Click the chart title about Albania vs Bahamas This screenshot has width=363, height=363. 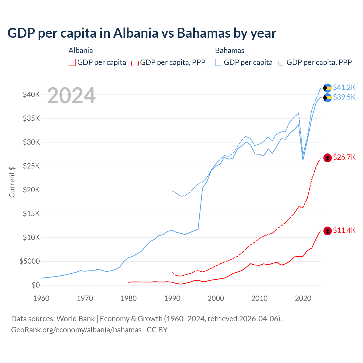(142, 33)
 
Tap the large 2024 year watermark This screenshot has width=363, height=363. (71, 96)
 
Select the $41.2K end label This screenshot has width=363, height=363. (344, 87)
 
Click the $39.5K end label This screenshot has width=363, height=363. (344, 97)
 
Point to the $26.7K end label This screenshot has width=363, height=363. (344, 157)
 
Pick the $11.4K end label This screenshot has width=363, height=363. (344, 230)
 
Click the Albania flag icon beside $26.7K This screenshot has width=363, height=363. (328, 158)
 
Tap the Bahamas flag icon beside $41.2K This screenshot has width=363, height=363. (328, 88)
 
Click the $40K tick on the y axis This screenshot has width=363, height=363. (31, 95)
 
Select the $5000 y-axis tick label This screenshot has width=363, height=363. (29, 261)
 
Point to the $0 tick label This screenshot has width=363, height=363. (35, 285)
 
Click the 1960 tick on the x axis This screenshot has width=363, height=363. (41, 298)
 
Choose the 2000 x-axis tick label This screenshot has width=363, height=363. (216, 298)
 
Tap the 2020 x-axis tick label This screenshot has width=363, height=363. (303, 298)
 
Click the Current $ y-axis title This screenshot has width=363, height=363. (12, 182)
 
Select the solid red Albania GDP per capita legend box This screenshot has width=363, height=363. (72, 62)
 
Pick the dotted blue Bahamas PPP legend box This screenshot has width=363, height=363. (282, 62)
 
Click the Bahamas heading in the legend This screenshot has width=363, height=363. (229, 51)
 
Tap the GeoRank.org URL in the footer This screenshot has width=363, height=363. (76, 330)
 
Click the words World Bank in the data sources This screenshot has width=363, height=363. (75, 319)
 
